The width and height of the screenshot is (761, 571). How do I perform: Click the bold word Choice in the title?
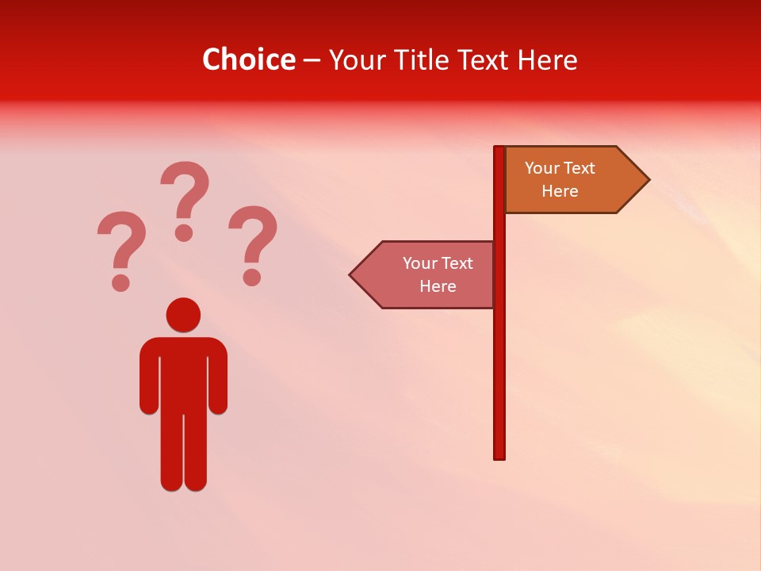click(x=248, y=60)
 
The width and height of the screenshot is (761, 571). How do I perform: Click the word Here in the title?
click(x=547, y=60)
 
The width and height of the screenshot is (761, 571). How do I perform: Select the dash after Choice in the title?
click(x=312, y=61)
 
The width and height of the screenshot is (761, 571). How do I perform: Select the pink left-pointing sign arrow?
click(x=424, y=274)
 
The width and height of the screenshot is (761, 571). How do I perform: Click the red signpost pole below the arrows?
click(x=499, y=381)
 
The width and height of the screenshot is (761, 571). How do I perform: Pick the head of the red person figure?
click(x=183, y=315)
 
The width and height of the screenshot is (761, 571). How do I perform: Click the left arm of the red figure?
click(x=149, y=377)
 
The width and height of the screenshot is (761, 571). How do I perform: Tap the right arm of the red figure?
click(x=218, y=377)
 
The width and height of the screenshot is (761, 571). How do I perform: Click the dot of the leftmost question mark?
click(x=120, y=282)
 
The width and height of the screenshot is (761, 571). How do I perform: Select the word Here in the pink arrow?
click(x=438, y=286)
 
